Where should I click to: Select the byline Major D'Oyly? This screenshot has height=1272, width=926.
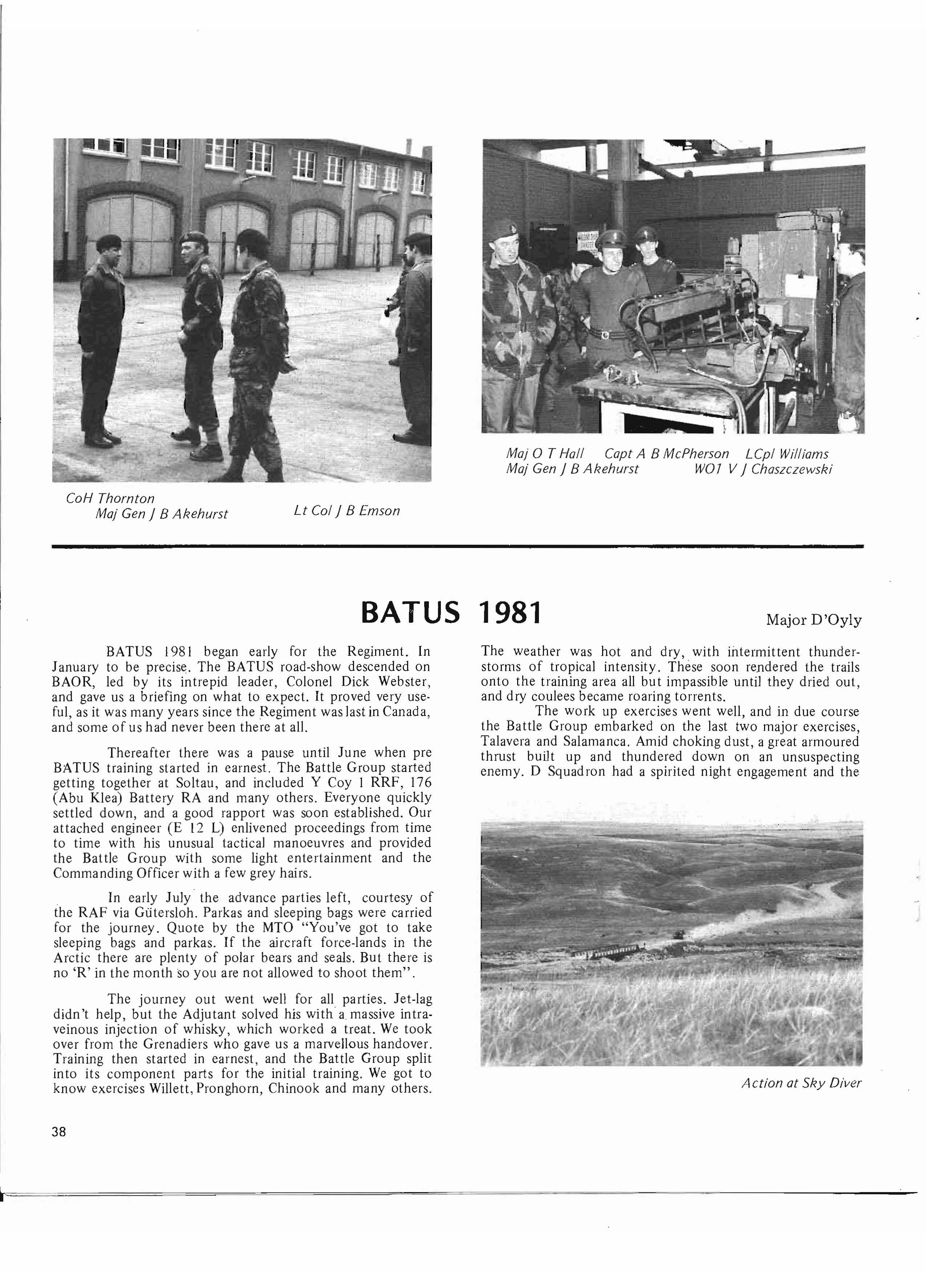(813, 620)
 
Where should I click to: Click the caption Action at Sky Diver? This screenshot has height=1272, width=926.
(801, 1083)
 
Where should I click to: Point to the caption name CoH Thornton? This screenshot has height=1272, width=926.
(110, 498)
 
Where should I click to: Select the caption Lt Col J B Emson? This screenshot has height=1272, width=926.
(346, 511)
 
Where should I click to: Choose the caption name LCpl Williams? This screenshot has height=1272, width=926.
(786, 454)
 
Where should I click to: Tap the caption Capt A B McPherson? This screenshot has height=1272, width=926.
(666, 454)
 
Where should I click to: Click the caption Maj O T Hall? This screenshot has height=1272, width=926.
(545, 454)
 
